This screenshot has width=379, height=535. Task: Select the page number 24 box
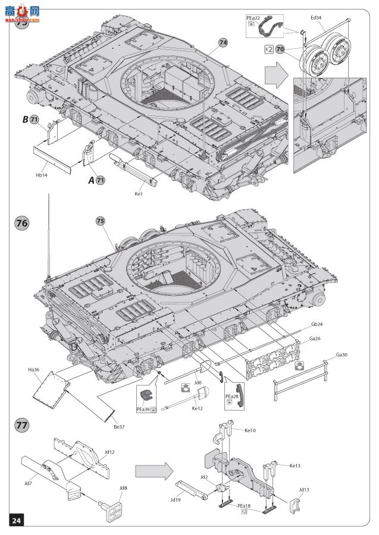pos(16,521)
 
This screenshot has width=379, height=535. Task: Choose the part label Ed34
pos(315,18)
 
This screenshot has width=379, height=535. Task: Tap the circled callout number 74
pos(223,43)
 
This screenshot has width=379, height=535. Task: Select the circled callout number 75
pos(101,221)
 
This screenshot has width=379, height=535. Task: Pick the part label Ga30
pos(342,355)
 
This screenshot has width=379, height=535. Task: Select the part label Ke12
pos(197,408)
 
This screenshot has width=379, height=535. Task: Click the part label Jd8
pos(123,489)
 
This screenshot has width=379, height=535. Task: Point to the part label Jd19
pos(174,499)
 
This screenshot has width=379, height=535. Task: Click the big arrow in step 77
pos(154,471)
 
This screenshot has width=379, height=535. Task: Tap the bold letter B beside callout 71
pos(26,119)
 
